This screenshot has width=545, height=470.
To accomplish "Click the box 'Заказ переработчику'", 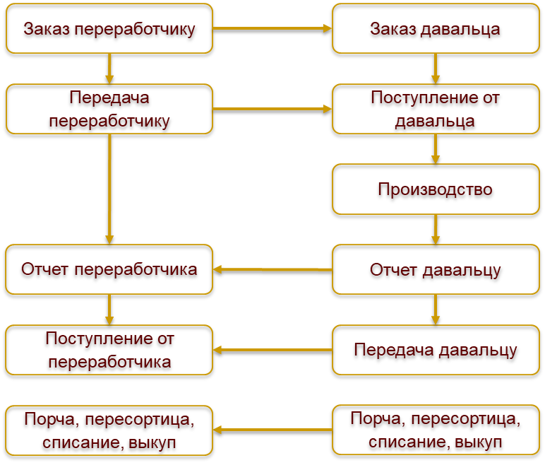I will coord(109,29).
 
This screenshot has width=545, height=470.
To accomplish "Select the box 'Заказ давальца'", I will coord(436,29).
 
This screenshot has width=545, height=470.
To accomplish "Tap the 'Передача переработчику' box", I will coord(109,109).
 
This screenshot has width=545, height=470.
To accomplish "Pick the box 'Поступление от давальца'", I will coord(436,109).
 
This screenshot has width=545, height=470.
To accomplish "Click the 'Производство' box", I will coord(436,189).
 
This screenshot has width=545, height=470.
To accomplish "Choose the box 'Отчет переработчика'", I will coord(109,269).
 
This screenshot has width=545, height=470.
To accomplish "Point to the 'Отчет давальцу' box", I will coord(436,269).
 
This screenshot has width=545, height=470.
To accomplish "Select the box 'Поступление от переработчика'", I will coord(109,350).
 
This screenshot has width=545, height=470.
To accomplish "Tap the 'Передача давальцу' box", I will coord(436,350).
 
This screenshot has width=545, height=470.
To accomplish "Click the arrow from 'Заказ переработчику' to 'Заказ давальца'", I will coord(272,28).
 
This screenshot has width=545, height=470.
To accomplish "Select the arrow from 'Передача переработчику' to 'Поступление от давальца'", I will coord(272,109).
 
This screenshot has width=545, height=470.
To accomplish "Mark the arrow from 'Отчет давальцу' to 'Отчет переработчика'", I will coord(272,269).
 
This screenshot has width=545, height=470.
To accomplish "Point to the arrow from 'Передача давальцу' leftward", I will coord(272,350).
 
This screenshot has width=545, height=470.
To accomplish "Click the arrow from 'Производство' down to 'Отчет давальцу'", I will coord(436,229).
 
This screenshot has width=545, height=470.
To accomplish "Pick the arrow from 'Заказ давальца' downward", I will coord(436,69).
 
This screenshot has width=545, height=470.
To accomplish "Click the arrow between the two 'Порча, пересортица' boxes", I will coord(272,430).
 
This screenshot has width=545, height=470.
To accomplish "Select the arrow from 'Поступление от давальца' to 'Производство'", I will coord(436,148).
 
